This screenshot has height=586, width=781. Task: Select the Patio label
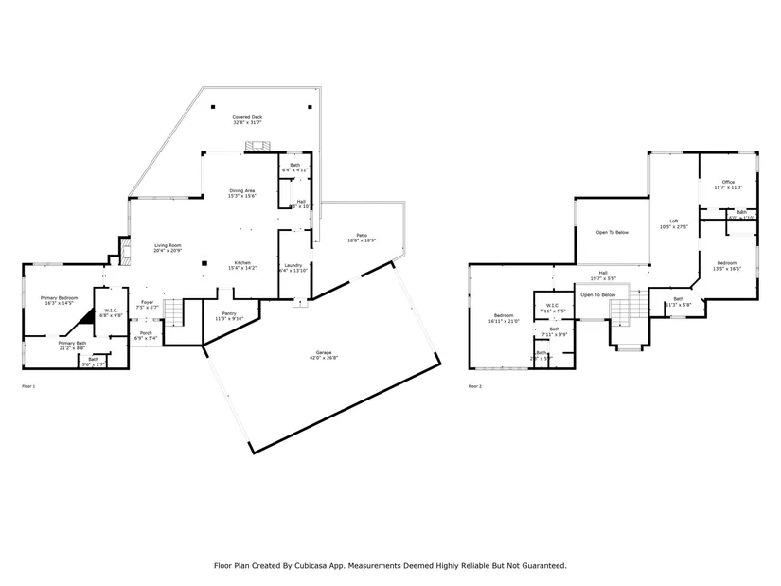[362, 235]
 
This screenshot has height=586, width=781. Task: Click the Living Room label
[169, 246]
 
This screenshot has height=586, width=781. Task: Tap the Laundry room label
[293, 265]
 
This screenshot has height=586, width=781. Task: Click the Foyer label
[147, 302]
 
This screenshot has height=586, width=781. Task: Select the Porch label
[147, 332]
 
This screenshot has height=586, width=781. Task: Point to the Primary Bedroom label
[58, 297]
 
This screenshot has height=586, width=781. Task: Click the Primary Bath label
[72, 343]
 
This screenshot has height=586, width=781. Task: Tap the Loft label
[665, 221]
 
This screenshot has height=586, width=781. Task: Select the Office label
[728, 182]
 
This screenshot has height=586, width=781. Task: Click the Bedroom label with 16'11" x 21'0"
[503, 315]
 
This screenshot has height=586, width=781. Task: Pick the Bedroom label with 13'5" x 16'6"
[727, 262]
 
